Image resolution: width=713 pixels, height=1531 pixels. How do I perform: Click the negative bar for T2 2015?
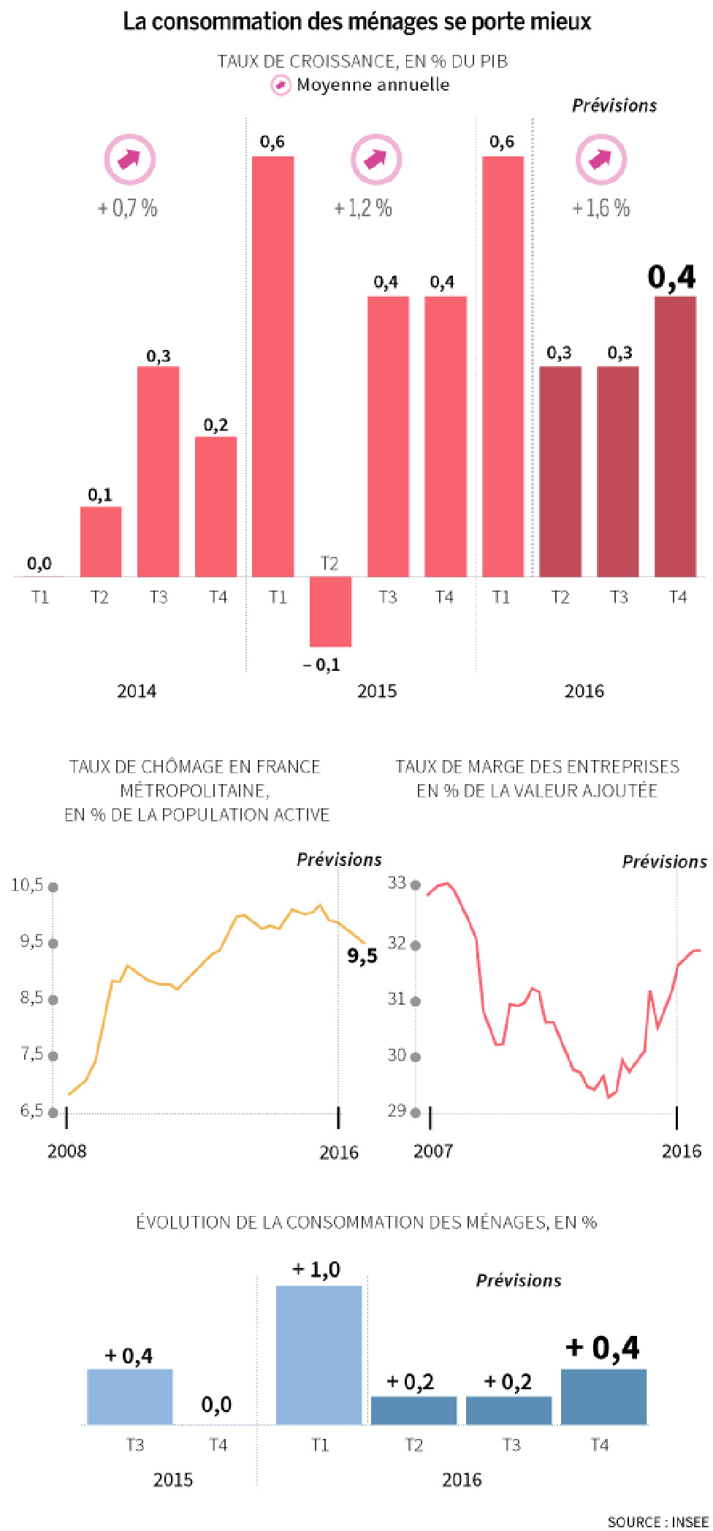330,612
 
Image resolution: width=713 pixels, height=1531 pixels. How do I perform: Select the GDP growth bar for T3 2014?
159,471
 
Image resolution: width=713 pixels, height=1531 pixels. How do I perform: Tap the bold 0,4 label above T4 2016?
672,278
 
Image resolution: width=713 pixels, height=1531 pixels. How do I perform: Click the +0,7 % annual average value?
128,208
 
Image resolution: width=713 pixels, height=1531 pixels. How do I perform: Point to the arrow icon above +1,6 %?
600,159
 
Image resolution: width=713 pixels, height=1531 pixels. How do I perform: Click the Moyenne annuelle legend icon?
281,85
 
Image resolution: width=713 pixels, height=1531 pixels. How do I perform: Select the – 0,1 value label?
321,664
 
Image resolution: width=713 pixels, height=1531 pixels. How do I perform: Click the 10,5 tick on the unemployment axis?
27,885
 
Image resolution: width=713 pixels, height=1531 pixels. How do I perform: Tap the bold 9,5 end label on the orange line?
362,955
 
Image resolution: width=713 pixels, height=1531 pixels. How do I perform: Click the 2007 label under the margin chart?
433,1151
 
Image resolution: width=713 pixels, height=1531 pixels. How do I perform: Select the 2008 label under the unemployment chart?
66,1151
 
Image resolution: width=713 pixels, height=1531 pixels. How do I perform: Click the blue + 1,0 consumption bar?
319,1355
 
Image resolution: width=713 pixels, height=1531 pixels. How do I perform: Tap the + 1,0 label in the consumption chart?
316,1269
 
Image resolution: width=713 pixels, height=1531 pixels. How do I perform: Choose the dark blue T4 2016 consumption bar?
603,1397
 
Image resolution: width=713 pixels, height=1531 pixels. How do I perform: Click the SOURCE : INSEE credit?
657,1521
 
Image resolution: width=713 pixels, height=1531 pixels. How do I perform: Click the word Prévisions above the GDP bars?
614,105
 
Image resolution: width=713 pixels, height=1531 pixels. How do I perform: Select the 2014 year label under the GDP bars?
137,691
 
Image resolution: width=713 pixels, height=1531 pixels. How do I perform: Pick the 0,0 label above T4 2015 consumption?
216,1404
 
